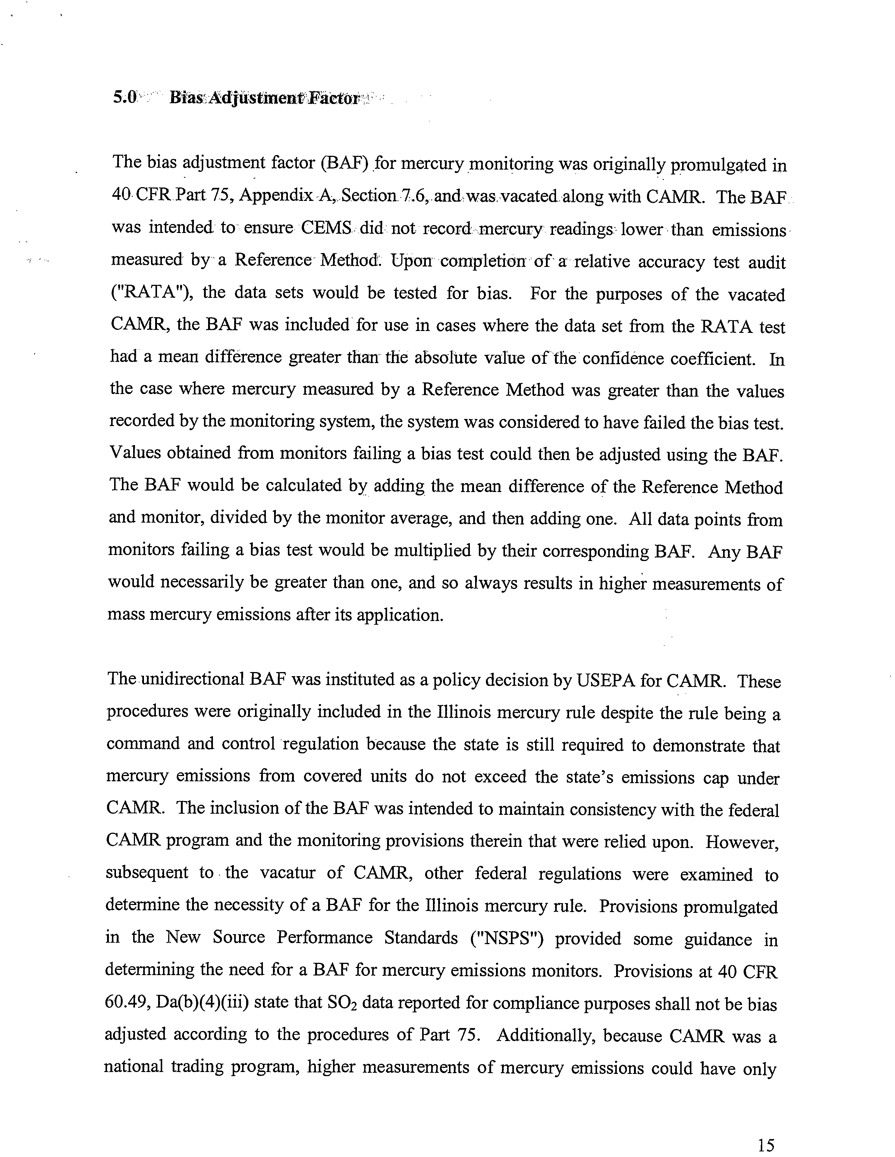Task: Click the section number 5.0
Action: click(x=125, y=98)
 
